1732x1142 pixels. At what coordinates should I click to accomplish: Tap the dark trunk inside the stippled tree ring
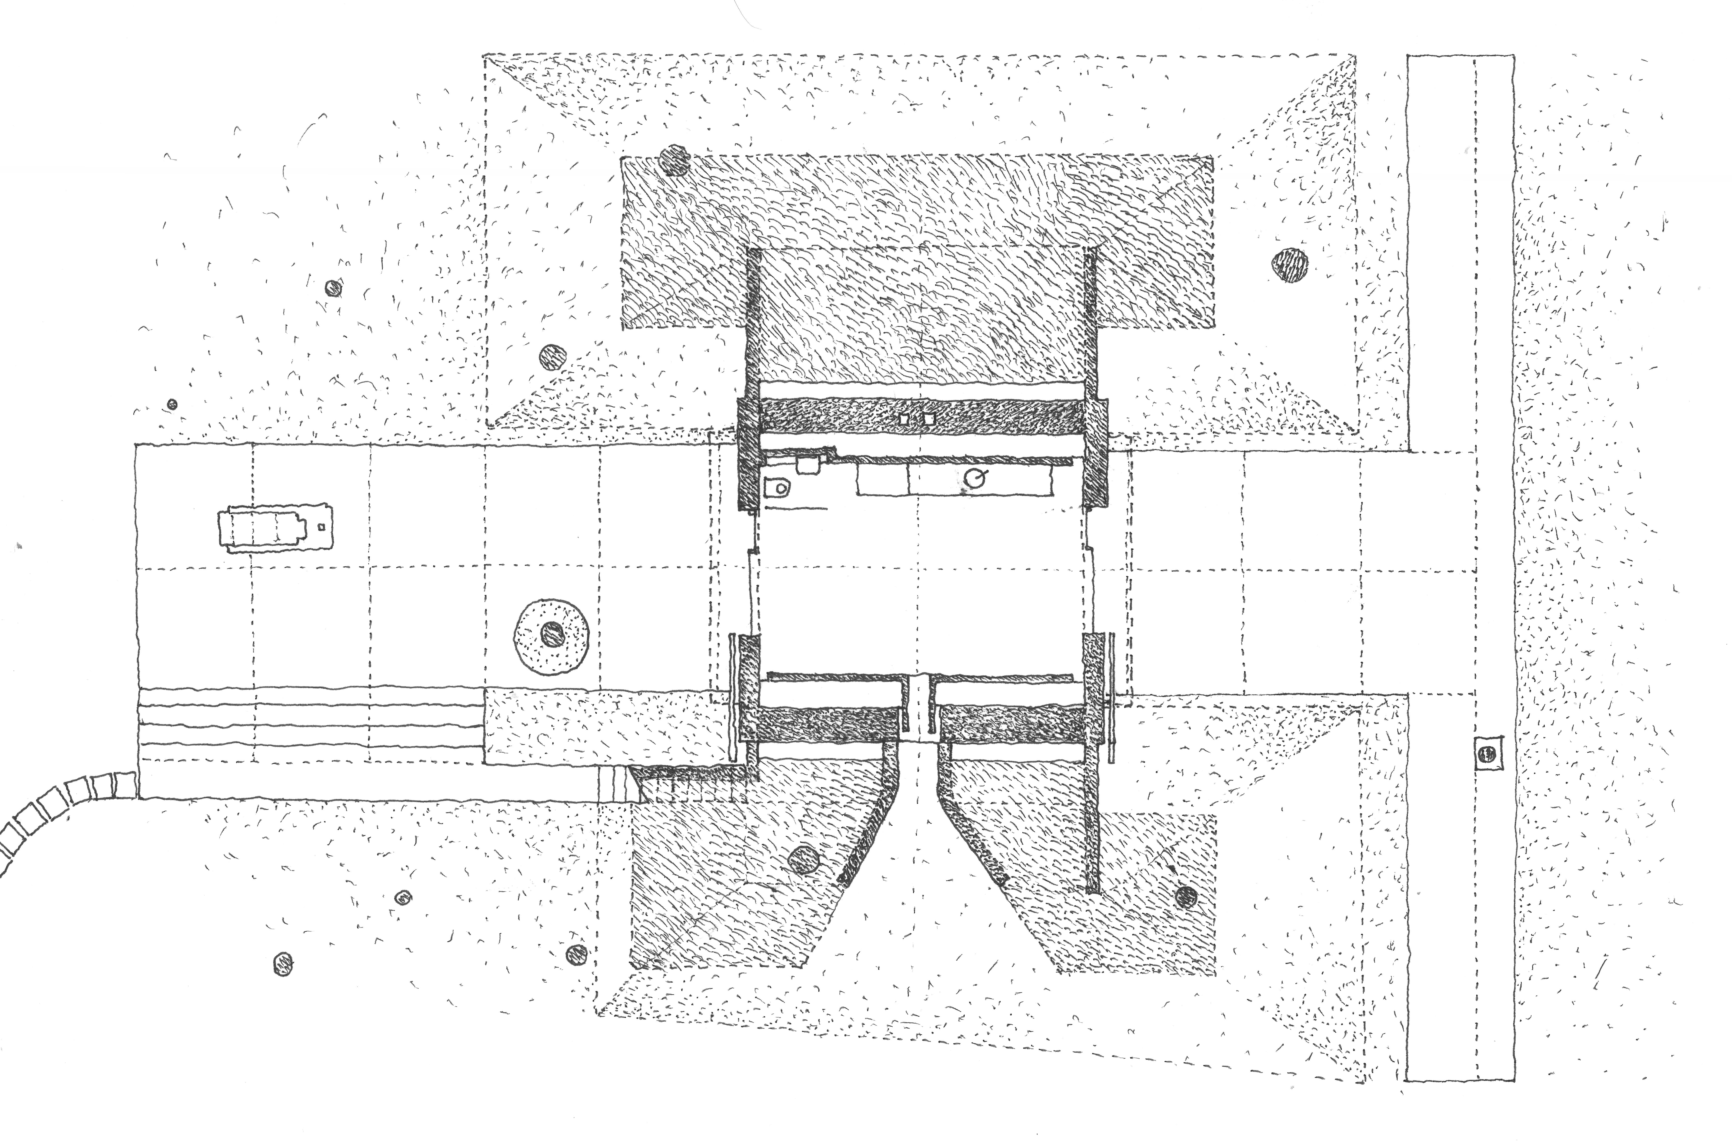[553, 634]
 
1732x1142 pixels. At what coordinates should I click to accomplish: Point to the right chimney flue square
[928, 420]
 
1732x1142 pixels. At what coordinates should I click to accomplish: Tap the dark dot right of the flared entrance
[1186, 896]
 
